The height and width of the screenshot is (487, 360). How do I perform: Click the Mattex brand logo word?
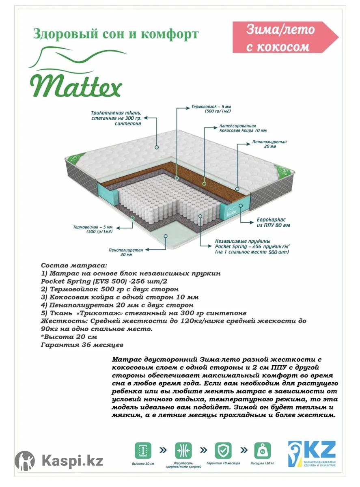pyautogui.click(x=75, y=84)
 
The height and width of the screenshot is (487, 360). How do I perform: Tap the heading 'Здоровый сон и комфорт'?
pyautogui.click(x=116, y=34)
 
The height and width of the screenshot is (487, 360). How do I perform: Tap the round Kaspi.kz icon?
pyautogui.click(x=25, y=461)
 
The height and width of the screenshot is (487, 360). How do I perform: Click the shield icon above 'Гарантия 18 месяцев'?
pyautogui.click(x=223, y=450)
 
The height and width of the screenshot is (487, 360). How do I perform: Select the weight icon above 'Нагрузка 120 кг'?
pyautogui.click(x=263, y=450)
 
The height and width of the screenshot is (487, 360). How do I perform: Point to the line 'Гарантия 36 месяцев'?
pyautogui.click(x=82, y=345)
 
